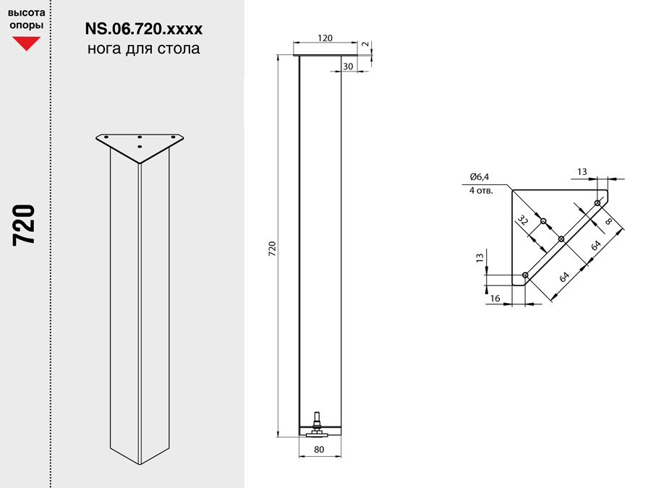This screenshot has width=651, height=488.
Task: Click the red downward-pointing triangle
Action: pos(26,43)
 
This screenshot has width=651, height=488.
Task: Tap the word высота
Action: pos(26,12)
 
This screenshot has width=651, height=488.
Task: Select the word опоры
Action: pos(26,25)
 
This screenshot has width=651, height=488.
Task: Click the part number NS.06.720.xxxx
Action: pos(144,29)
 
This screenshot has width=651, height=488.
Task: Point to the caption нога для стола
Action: pos(144,48)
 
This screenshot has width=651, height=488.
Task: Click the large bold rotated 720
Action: pos(24,226)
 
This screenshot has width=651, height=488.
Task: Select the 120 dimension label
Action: pos(325,38)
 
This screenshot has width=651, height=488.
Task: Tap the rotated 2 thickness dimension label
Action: pos(365,44)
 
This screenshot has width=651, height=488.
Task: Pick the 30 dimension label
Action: pos(348,67)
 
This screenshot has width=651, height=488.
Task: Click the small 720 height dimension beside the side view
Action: pos(272,248)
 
